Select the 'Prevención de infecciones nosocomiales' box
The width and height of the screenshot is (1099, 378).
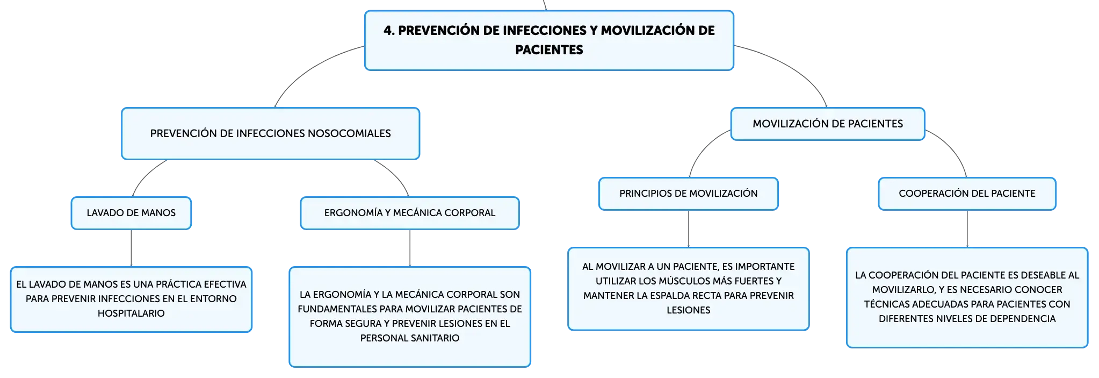270,133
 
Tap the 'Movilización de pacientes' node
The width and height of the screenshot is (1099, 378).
828,124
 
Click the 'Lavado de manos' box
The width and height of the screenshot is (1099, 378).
131,213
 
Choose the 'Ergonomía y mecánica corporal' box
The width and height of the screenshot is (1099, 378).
410,213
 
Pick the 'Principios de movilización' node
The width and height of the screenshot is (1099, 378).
689,194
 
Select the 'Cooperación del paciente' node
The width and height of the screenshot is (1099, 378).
967,194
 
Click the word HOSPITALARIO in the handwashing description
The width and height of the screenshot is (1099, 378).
131,313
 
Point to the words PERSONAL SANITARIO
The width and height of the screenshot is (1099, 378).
410,338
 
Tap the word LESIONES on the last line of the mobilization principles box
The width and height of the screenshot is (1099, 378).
689,310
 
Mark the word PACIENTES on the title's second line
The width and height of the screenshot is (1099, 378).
549,50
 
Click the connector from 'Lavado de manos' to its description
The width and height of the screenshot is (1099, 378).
131,248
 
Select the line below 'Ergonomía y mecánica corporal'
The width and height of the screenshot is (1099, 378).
410,248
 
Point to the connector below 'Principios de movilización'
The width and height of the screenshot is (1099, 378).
689,229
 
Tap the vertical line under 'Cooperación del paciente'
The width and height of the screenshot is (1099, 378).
967,229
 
